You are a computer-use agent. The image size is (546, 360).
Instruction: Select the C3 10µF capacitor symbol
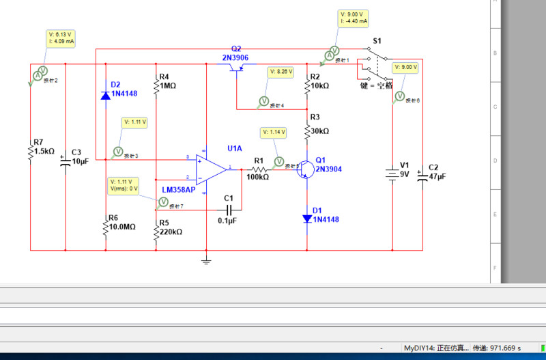pyautogui.click(x=66, y=162)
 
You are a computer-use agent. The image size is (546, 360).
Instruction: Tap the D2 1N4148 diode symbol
pyautogui.click(x=105, y=96)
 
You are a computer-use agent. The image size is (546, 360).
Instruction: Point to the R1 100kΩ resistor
pyautogui.click(x=259, y=169)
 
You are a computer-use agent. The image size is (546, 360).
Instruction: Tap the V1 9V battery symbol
pyautogui.click(x=392, y=174)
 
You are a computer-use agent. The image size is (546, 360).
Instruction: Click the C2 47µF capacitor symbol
pyautogui.click(x=423, y=176)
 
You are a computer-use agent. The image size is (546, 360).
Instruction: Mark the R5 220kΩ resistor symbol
pyautogui.click(x=156, y=232)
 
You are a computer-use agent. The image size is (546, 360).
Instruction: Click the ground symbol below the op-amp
pyautogui.click(x=205, y=260)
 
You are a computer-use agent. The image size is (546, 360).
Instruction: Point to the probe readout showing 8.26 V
pyautogui.click(x=281, y=71)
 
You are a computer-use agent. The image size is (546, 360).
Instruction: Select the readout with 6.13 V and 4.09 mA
pyautogui.click(x=61, y=38)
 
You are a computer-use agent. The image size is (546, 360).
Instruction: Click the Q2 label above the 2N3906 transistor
pyautogui.click(x=236, y=49)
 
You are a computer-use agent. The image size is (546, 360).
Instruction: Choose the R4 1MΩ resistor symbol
pyautogui.click(x=156, y=86)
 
